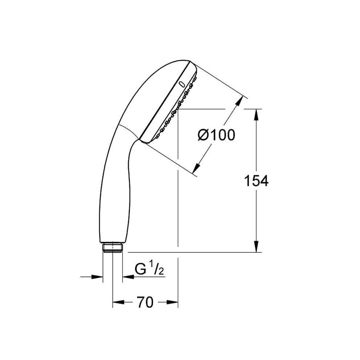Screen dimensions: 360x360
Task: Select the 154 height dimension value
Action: pyautogui.click(x=256, y=181)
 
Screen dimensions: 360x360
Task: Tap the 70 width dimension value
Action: pyautogui.click(x=145, y=302)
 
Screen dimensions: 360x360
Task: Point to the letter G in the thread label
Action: pyautogui.click(x=140, y=270)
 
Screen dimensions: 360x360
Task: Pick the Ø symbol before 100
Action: pyautogui.click(x=203, y=136)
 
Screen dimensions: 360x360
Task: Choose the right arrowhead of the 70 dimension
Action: pyautogui.click(x=173, y=302)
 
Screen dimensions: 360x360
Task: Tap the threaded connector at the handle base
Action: pyautogui.click(x=113, y=248)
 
